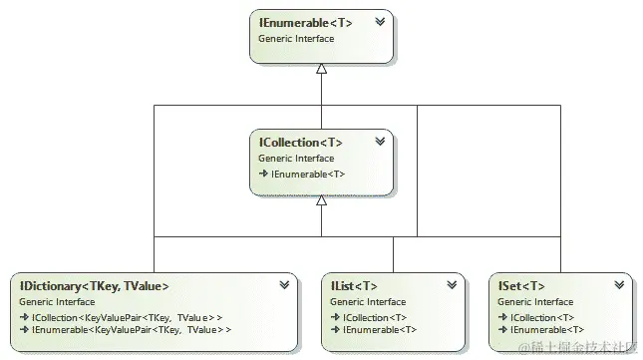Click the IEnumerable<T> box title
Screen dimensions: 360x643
305,22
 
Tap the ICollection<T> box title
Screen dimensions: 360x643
300,143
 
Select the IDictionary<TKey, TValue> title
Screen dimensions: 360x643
94,286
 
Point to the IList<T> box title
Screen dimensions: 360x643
353,286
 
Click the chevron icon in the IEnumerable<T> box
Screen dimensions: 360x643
380,21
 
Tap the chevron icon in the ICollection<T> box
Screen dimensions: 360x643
380,142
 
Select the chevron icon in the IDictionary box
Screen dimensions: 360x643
285,285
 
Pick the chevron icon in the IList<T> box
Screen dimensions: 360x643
453,285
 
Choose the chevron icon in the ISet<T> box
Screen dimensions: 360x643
619,285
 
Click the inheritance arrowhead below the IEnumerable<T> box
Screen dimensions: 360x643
321,69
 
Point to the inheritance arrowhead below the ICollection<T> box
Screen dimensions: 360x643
321,200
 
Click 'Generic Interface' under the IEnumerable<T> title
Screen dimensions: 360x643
296,38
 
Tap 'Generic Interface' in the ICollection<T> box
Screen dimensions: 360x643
296,159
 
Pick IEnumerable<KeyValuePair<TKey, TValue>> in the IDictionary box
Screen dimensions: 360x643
129,329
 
